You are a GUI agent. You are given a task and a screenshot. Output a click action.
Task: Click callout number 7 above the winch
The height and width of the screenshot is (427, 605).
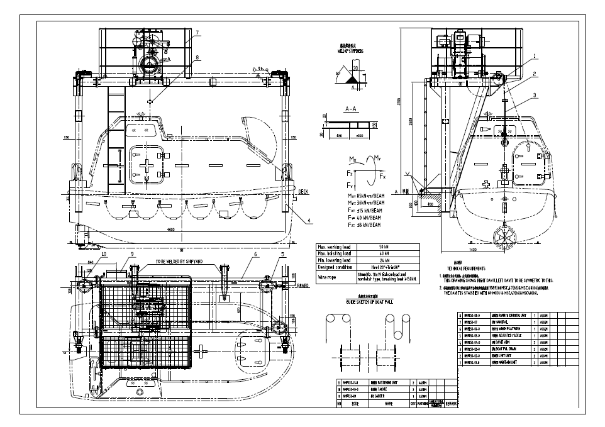pos(197,32)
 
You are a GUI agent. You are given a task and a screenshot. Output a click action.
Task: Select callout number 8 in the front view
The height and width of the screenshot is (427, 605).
pos(197,57)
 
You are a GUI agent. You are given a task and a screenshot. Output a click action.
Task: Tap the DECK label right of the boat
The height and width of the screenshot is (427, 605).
pos(302,192)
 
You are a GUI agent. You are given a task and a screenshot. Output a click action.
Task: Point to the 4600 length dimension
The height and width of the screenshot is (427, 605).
pos(170,230)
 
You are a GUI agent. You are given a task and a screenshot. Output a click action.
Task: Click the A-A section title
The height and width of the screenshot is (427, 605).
pos(351,109)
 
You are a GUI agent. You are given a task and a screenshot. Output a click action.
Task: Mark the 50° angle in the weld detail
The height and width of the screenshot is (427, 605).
pos(337,74)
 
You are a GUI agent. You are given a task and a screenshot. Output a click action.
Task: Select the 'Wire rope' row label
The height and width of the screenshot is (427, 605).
pos(330,276)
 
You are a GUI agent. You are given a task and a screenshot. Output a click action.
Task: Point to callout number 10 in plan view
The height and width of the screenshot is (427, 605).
pos(103,254)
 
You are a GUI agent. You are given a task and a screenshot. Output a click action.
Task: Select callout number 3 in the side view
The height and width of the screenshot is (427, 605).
pos(535,95)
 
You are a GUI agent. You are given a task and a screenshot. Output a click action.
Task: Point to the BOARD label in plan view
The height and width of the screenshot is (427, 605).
pos(302,285)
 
